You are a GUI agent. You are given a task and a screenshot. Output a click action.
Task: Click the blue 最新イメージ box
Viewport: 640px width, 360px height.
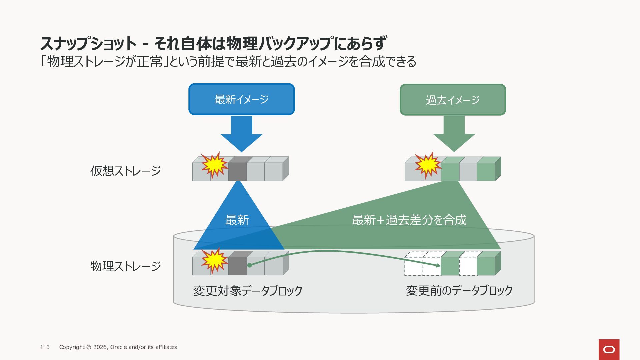tap(241, 99)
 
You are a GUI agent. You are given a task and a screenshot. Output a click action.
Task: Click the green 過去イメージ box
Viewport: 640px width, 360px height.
tap(453, 100)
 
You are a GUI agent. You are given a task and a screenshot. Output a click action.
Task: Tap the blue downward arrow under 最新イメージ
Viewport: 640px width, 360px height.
tap(241, 134)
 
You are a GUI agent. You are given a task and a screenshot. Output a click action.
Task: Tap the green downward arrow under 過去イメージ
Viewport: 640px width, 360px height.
tap(454, 134)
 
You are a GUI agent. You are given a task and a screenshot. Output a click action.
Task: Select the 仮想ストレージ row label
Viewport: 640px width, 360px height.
tap(126, 171)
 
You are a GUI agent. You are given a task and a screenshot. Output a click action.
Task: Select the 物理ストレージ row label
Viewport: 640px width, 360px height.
tap(126, 266)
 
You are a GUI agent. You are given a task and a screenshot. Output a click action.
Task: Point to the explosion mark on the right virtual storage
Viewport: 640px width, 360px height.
tap(428, 165)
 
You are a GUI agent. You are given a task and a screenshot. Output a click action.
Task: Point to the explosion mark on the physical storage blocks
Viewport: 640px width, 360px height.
tap(215, 260)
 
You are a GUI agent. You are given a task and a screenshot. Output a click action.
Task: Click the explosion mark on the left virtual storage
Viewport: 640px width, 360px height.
tap(215, 165)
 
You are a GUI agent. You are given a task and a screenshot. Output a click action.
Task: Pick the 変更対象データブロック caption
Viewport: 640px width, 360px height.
tap(248, 291)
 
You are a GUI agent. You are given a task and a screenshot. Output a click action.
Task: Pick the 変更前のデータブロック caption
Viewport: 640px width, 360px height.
tap(459, 291)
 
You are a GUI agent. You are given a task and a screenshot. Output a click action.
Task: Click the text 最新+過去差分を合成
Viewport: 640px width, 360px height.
tap(409, 220)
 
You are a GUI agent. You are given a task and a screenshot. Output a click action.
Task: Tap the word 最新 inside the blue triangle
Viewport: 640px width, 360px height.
tap(237, 220)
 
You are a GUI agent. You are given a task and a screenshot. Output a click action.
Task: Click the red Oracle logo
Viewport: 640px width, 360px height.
tap(609, 349)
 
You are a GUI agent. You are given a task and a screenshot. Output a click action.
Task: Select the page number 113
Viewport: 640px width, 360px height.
tap(45, 347)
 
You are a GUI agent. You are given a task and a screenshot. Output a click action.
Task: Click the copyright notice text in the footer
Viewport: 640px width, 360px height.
tap(118, 347)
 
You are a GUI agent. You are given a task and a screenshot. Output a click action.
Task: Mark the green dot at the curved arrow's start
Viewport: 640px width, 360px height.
tap(249, 265)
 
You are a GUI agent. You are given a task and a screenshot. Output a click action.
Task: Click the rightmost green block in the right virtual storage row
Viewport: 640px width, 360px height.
tap(486, 172)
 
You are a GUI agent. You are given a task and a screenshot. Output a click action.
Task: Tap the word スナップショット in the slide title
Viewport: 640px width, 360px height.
tap(88, 44)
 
